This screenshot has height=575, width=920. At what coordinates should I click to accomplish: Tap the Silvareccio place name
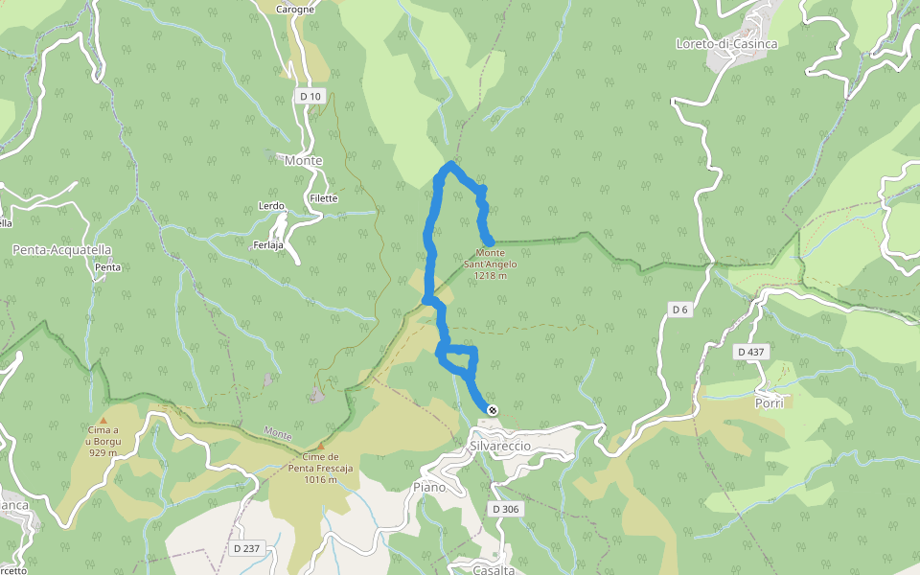500,447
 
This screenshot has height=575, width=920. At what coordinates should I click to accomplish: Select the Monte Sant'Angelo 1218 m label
490,264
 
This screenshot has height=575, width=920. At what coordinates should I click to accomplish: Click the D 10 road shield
310,96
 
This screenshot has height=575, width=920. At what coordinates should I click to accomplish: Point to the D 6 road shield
679,310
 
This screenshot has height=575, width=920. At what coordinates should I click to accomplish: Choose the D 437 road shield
751,353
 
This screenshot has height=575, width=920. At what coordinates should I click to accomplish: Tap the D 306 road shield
507,509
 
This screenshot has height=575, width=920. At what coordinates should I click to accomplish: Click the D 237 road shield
246,548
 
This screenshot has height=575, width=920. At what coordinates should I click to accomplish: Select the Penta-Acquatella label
62,250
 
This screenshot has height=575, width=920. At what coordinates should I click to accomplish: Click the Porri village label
769,403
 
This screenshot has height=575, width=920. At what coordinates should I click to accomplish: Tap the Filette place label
324,198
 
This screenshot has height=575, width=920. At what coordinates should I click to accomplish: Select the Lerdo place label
271,206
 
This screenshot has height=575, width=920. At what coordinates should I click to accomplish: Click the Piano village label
429,488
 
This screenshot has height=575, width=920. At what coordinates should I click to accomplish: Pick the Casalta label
494,570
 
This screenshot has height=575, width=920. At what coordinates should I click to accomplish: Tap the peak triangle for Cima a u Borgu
103,421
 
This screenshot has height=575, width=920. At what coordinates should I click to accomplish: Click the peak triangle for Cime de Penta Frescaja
321,446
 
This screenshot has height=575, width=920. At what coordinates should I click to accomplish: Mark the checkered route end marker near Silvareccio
493,411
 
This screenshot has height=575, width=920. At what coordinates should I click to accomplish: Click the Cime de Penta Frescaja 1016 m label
321,469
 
